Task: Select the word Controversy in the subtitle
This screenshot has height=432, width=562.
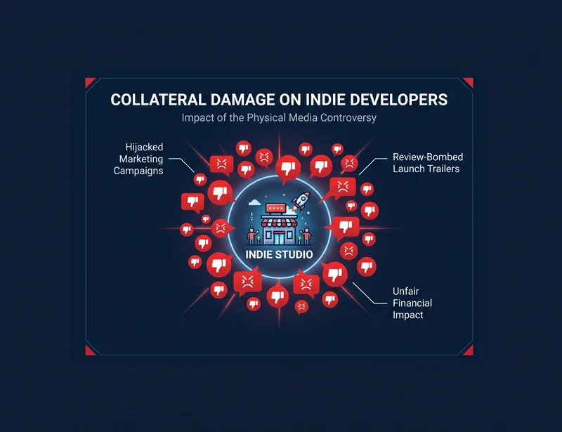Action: (348, 118)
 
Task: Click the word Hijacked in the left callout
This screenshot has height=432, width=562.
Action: (144, 147)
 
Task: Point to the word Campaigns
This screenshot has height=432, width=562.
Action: (138, 171)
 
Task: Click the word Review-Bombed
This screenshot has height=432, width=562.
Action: (428, 157)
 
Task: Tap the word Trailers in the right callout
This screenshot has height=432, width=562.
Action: (443, 169)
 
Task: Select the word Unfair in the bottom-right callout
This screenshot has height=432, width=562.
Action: (406, 291)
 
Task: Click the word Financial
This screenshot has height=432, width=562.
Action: (412, 303)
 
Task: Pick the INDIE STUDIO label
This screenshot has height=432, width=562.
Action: (279, 254)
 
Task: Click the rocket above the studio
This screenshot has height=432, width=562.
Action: (301, 201)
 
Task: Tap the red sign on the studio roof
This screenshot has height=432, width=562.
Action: (275, 209)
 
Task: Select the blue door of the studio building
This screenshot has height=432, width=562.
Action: (279, 237)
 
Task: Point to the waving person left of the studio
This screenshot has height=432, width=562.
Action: (252, 236)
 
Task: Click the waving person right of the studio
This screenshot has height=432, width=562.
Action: (306, 236)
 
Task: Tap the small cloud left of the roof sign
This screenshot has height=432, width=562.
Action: (254, 203)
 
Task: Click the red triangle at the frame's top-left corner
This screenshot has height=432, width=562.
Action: (90, 82)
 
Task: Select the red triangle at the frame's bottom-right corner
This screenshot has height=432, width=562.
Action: (469, 351)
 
